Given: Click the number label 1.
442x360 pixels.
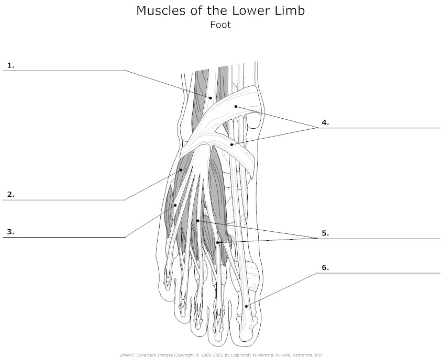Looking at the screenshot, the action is [x=10, y=65].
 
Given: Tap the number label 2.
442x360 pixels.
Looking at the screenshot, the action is [x=10, y=194].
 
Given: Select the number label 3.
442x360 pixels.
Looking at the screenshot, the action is [x=10, y=232].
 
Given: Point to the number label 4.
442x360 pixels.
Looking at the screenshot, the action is [x=325, y=122].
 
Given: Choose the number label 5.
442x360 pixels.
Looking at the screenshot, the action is [x=325, y=233].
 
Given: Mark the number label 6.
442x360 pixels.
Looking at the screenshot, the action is [x=325, y=267].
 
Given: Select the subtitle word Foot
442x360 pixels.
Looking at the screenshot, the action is [x=220, y=25].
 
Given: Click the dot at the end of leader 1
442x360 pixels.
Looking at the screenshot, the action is [x=211, y=98].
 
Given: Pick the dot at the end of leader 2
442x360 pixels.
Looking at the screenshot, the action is [x=181, y=170].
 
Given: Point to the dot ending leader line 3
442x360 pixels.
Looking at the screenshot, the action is [x=175, y=205].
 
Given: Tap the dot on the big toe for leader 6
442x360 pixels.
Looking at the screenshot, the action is [x=246, y=306].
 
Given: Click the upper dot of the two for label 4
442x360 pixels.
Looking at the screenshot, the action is [x=236, y=106].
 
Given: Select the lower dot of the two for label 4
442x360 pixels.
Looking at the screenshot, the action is [x=231, y=144].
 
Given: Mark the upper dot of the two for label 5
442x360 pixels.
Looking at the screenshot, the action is [x=198, y=221].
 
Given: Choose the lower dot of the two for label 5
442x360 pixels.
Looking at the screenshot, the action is [x=217, y=242].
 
